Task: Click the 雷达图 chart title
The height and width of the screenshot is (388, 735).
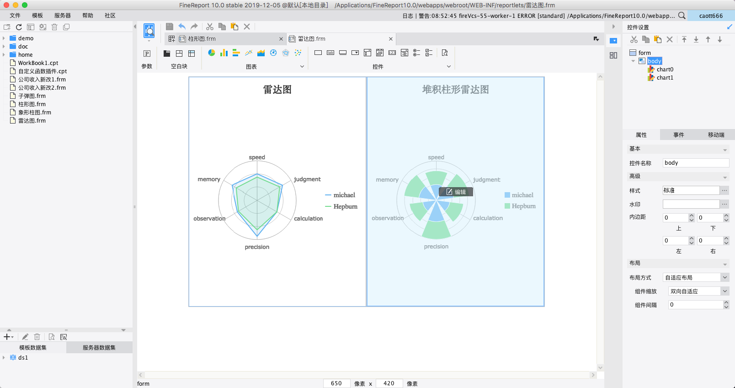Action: pos(277,90)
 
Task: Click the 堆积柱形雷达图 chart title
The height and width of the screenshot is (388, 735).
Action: pos(455,90)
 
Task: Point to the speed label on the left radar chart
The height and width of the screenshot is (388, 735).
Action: pos(257,157)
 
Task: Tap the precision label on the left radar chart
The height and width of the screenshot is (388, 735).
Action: pos(257,247)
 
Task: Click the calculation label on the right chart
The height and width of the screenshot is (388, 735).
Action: pos(488,218)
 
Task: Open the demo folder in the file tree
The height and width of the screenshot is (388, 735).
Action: pos(26,38)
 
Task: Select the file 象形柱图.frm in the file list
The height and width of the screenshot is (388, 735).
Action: pos(34,113)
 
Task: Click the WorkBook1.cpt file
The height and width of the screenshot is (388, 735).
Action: pos(38,63)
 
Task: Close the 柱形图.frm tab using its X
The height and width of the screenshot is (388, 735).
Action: pos(281,39)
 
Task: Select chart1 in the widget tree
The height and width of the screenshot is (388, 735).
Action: pos(665,78)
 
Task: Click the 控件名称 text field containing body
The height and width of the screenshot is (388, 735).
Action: pos(695,163)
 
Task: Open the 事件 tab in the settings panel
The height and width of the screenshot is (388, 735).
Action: pos(678,135)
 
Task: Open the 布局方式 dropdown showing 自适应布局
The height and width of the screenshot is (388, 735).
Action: pos(696,278)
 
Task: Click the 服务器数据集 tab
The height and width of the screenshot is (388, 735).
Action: pos(99,348)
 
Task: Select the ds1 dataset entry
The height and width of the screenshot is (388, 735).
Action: pos(23,358)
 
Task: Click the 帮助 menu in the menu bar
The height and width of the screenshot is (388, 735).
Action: pos(88,16)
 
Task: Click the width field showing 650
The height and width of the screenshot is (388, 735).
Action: pos(336,383)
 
